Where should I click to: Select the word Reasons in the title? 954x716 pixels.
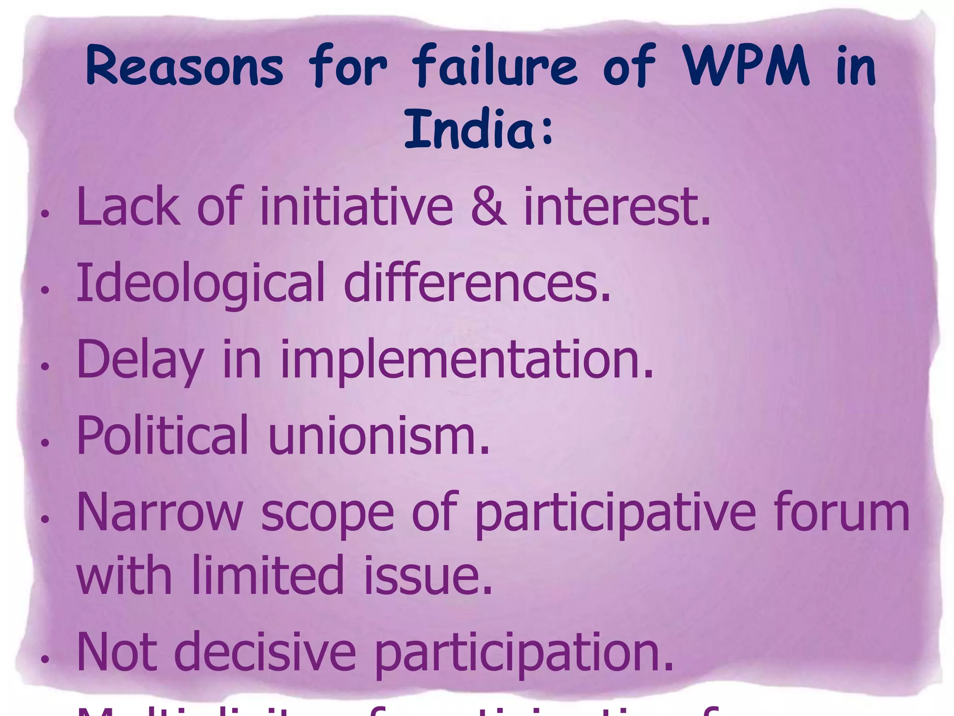[x=185, y=66]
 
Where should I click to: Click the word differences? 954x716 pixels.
[x=477, y=282]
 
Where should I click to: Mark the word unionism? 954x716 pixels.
[x=379, y=435]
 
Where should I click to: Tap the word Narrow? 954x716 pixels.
[x=159, y=513]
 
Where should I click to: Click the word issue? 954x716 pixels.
[x=427, y=575]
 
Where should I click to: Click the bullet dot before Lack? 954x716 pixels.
[x=45, y=214]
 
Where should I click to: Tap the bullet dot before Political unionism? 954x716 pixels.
[x=45, y=443]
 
